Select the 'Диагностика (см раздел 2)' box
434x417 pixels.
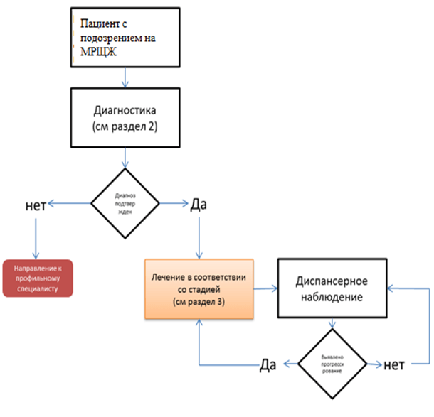point(126,119)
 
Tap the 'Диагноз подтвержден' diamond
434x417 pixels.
point(126,205)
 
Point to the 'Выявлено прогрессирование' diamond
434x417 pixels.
point(332,364)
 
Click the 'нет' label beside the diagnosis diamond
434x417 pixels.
point(35,205)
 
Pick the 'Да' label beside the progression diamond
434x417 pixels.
point(268,365)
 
